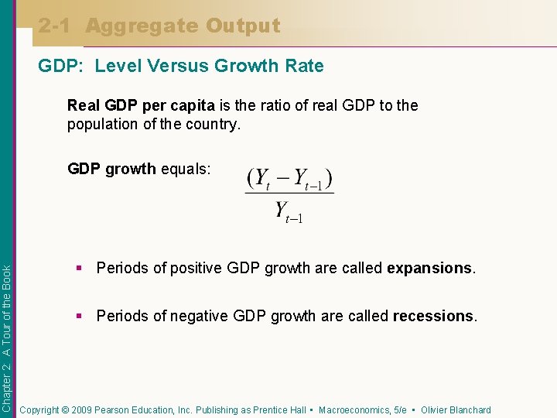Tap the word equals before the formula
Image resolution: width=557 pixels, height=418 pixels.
[185, 169]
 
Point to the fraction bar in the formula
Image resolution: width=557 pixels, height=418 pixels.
[289, 194]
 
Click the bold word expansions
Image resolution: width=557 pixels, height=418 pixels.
[429, 269]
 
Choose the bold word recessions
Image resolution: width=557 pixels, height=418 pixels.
[433, 316]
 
